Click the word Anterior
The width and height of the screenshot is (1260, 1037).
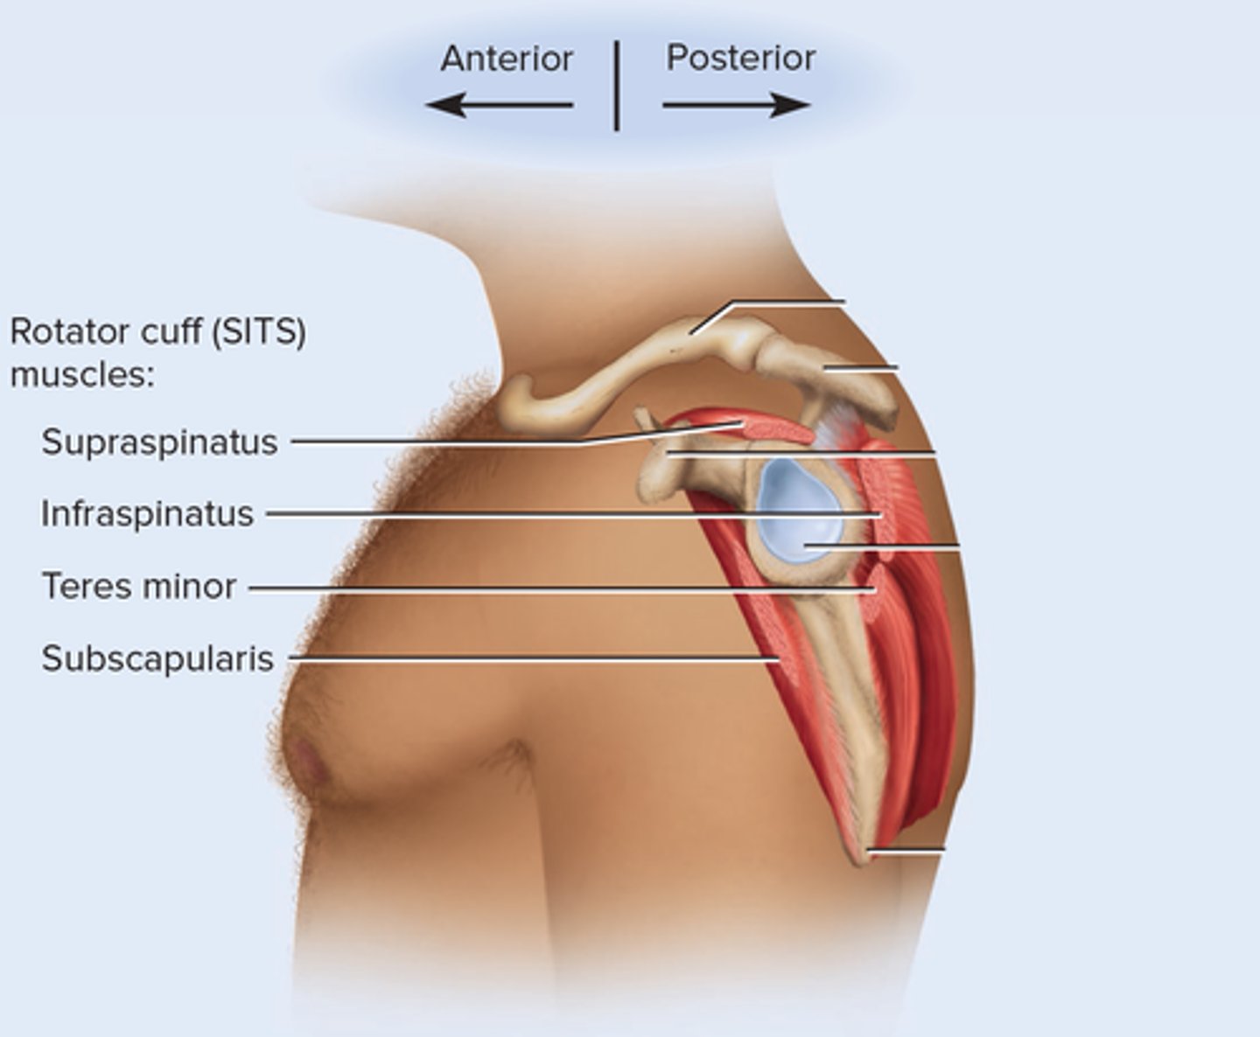(x=507, y=59)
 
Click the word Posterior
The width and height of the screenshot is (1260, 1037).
(x=740, y=58)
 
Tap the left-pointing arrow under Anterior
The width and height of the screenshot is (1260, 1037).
(x=500, y=106)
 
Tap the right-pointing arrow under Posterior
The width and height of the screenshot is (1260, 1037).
(x=736, y=106)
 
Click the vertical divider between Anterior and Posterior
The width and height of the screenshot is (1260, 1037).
(x=617, y=86)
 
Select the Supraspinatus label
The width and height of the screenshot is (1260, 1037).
(x=159, y=442)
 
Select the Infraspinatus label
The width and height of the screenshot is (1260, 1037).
(x=147, y=514)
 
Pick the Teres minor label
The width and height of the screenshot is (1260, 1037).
(x=139, y=587)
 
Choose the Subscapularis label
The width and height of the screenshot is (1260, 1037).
(x=157, y=658)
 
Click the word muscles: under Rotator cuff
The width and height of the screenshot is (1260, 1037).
(x=82, y=375)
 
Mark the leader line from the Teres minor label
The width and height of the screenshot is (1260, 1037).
(x=560, y=588)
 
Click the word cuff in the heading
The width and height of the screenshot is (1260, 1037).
(x=178, y=332)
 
